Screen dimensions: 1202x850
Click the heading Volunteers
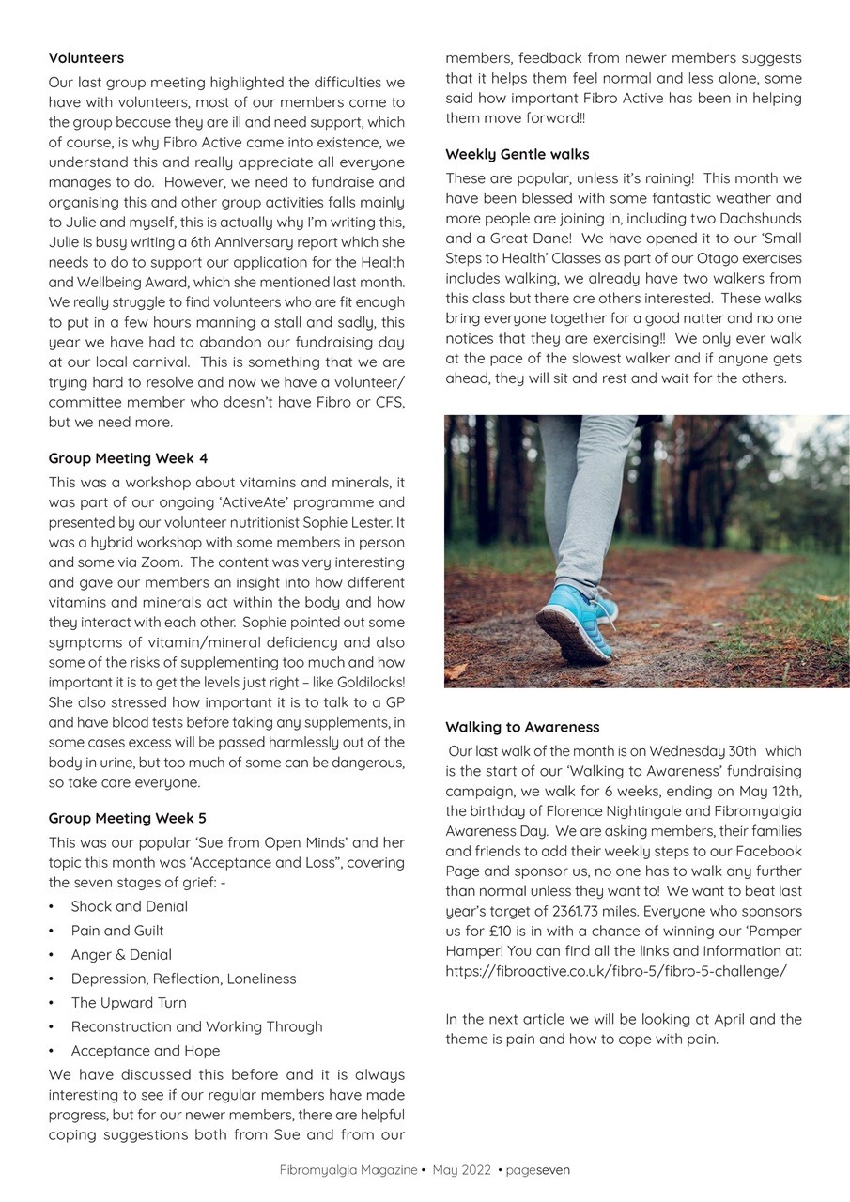pyautogui.click(x=86, y=58)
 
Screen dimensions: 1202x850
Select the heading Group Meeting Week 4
pyautogui.click(x=128, y=458)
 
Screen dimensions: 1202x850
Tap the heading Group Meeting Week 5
pyautogui.click(x=128, y=818)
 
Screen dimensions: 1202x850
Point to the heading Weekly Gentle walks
pyautogui.click(x=518, y=154)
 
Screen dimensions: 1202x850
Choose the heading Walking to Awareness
pyautogui.click(x=522, y=727)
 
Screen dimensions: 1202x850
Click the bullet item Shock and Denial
pyautogui.click(x=129, y=906)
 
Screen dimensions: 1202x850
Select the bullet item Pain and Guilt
pyautogui.click(x=117, y=931)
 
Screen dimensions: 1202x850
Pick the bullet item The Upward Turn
pyautogui.click(x=129, y=1003)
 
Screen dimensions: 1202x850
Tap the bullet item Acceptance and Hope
pyautogui.click(x=146, y=1051)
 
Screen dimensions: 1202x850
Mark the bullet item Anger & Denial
pyautogui.click(x=121, y=954)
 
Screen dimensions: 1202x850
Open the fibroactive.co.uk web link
pyautogui.click(x=616, y=971)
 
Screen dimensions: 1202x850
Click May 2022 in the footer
pyautogui.click(x=461, y=1170)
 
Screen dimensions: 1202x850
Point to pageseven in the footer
pyautogui.click(x=537, y=1170)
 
